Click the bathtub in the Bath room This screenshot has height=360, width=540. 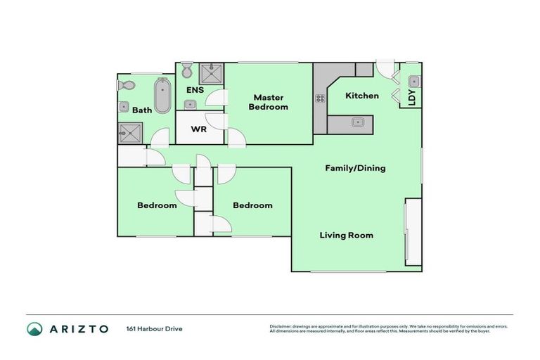pos(162,96)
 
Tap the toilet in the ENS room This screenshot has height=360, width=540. pos(186,71)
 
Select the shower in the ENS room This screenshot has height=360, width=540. pos(210,73)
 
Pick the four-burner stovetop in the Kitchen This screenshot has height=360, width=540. pos(321,98)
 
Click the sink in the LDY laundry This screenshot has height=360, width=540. pos(413,82)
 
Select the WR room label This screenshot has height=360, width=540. pos(198,130)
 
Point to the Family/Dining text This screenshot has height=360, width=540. pos(355,168)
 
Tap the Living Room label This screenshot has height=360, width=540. pos(346,235)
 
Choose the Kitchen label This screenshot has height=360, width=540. pos(362,96)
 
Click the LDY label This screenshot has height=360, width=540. pos(412,98)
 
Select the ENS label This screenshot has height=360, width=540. pos(195,91)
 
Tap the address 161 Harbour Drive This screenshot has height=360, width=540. pos(154,328)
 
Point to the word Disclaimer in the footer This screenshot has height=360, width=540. pos(283,326)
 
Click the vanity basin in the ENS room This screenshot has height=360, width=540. pos(191,104)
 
